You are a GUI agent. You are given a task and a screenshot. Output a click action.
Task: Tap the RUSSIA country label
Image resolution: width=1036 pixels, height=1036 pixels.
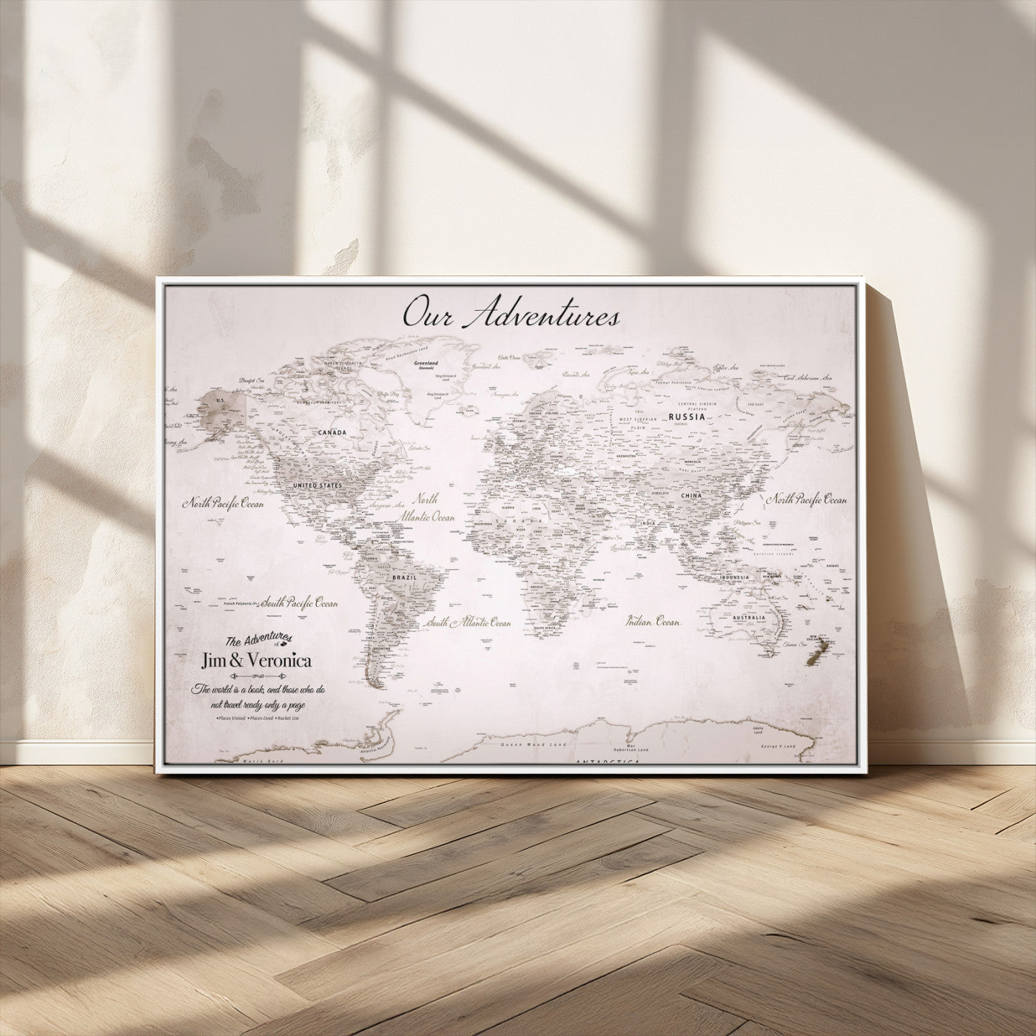coord(686,417)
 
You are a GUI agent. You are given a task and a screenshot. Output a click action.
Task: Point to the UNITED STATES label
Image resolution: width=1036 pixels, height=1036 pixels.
coord(317,485)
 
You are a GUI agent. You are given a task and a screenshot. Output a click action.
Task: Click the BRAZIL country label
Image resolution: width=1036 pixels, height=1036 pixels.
coord(405,576)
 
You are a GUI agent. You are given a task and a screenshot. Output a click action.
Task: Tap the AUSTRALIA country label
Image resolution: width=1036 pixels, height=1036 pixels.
coord(750,617)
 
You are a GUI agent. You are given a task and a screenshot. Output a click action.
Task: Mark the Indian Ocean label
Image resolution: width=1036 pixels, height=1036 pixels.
coord(653,622)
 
